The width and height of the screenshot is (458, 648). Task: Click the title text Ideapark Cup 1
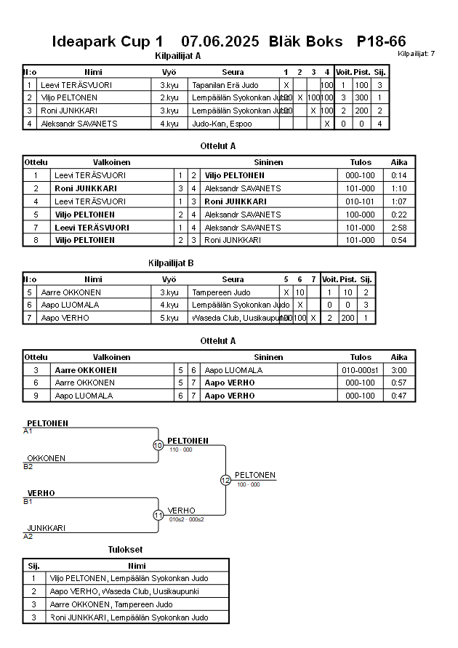tap(108, 41)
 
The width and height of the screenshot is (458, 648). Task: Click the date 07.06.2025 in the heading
tap(220, 41)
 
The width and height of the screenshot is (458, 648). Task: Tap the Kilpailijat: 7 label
tap(417, 54)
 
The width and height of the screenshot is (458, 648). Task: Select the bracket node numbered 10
tap(158, 445)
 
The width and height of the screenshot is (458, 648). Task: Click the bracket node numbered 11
tap(158, 515)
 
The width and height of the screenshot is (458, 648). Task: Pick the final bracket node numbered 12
tap(225, 480)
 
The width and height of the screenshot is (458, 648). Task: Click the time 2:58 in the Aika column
tap(399, 228)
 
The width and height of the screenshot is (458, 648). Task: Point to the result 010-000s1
tap(361, 370)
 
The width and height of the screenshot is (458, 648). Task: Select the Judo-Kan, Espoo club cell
tap(221, 124)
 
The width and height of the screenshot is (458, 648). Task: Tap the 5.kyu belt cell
tap(169, 318)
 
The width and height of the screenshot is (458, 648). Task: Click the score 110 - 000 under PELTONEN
tap(180, 449)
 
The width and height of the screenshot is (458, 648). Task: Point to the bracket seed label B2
tap(28, 466)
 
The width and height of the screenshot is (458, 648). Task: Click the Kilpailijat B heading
tap(170, 263)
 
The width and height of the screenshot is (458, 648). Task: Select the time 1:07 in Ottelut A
tap(399, 201)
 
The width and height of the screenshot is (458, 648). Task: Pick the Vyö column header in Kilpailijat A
tap(169, 72)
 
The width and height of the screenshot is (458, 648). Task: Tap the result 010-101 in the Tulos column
tap(361, 201)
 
